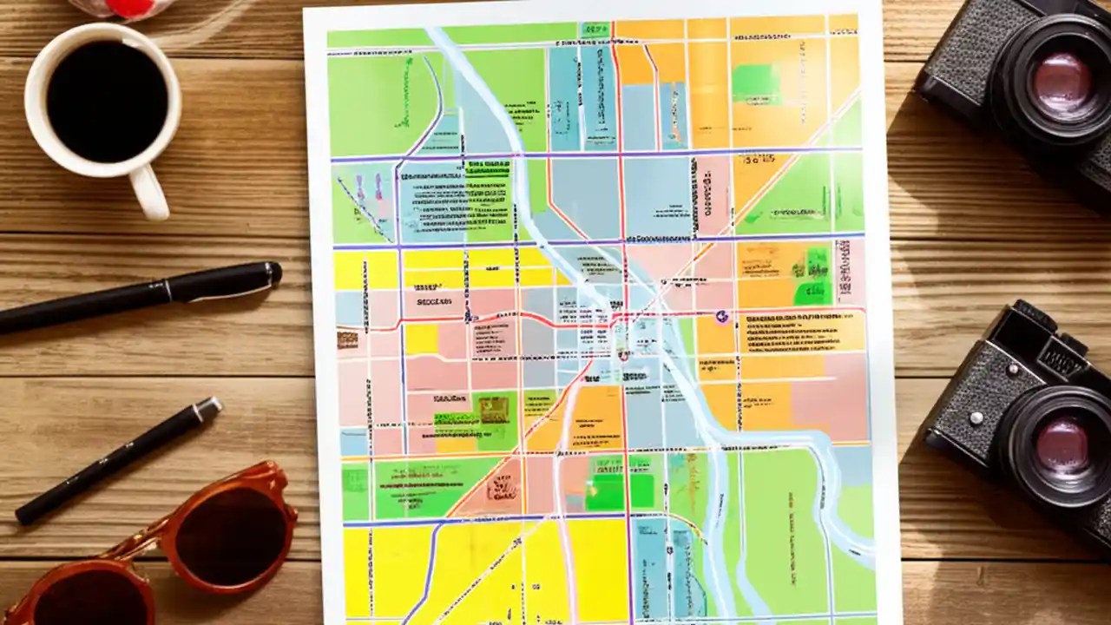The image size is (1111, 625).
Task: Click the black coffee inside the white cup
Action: (107, 102)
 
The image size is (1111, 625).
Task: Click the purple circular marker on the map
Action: (721, 318)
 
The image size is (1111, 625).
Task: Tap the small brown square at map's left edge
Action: (347, 339)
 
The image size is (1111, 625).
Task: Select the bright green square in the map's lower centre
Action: (604, 493)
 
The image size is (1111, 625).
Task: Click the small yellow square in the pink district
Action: (421, 339)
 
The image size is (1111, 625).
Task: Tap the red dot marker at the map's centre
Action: (622, 353)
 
